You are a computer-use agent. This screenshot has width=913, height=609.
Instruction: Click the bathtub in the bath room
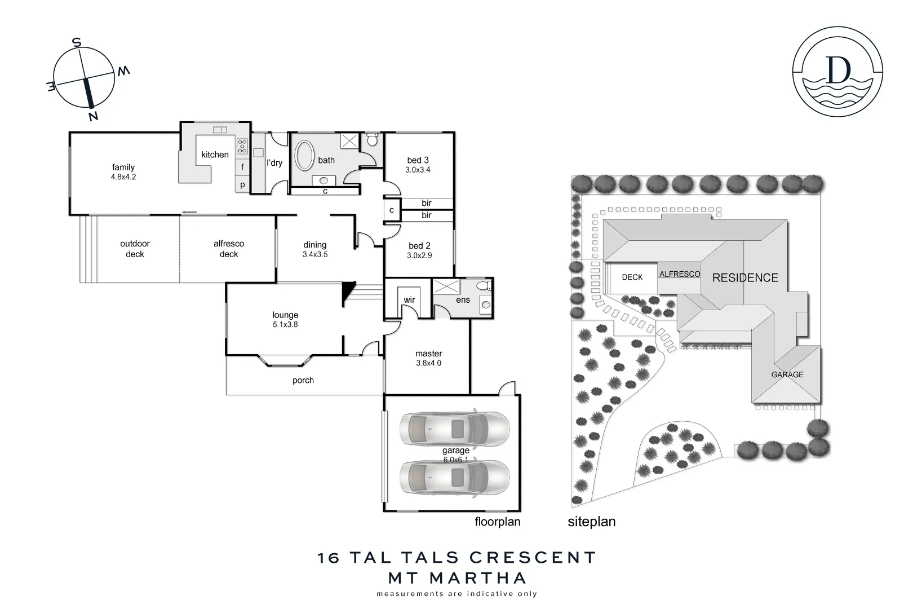click(304, 155)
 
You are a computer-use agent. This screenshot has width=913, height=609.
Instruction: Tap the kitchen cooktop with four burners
click(242, 146)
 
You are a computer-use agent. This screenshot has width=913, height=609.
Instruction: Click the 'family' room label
click(123, 167)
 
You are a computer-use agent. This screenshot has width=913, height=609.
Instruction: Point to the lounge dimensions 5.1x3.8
click(285, 325)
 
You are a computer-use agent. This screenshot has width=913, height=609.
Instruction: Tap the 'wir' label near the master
click(409, 299)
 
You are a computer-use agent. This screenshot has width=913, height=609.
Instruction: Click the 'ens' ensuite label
click(463, 300)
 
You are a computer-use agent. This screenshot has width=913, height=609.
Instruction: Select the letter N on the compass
click(93, 116)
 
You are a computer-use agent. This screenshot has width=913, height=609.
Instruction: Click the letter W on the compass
click(123, 70)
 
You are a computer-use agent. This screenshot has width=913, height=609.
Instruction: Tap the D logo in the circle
click(837, 70)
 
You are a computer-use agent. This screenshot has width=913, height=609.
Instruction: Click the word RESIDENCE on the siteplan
click(745, 277)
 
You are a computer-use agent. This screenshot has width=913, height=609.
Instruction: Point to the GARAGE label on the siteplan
click(787, 374)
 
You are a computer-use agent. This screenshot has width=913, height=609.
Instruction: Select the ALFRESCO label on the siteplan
click(680, 274)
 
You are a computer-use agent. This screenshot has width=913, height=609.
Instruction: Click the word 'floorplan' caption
click(497, 522)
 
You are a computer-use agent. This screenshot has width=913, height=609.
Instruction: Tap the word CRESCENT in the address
click(533, 558)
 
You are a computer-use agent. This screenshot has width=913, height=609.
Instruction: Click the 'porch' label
click(303, 380)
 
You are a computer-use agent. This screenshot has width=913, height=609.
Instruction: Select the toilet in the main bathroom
click(372, 139)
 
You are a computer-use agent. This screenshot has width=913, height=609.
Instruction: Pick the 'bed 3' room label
click(418, 160)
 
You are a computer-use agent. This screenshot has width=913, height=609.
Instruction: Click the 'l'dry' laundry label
click(274, 163)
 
